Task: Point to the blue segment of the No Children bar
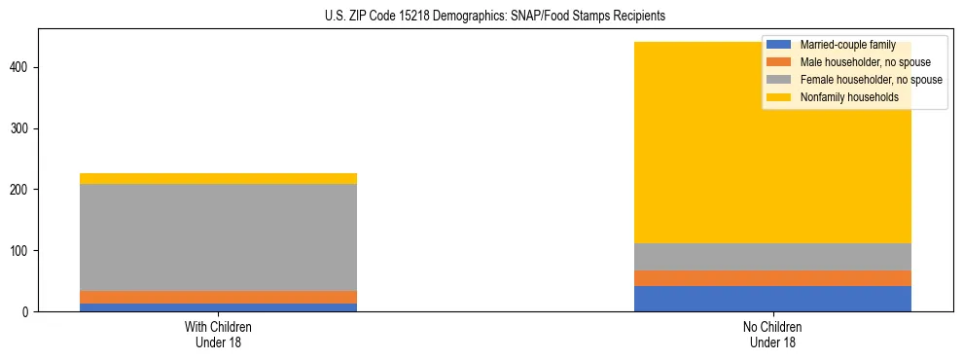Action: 772,299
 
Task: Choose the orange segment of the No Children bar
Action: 772,278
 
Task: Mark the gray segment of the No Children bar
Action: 772,257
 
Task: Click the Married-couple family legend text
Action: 847,45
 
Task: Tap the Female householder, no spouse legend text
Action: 871,80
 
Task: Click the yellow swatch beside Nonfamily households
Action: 779,97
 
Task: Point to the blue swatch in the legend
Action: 779,45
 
